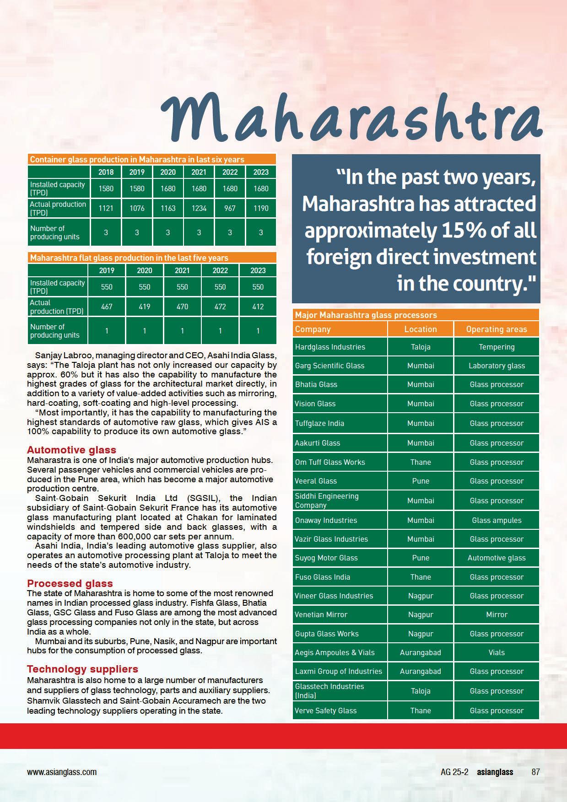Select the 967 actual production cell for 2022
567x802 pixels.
click(x=230, y=208)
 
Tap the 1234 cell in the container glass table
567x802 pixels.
click(x=199, y=208)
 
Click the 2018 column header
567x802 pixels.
click(x=106, y=172)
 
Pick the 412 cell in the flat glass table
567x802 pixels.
click(x=258, y=307)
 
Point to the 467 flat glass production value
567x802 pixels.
click(x=107, y=307)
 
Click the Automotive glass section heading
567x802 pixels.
click(x=71, y=450)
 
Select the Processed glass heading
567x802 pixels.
click(x=70, y=583)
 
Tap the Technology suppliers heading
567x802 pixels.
click(x=82, y=669)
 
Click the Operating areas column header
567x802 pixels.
click(x=496, y=329)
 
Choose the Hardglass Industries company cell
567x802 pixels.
click(x=330, y=347)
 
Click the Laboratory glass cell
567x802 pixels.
click(x=497, y=366)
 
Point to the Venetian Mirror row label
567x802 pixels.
click(x=321, y=614)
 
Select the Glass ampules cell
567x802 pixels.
click(x=497, y=520)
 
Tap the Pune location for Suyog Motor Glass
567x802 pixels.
click(x=420, y=558)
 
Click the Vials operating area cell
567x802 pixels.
click(x=497, y=652)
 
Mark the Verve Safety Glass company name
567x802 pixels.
click(x=325, y=710)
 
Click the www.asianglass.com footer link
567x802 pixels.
click(x=62, y=772)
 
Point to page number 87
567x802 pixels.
click(x=535, y=772)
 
